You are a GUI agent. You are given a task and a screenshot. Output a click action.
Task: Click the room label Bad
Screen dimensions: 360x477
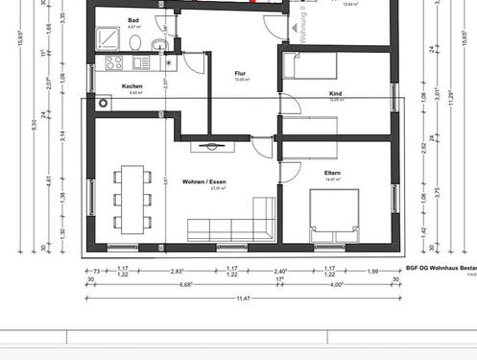tap(134, 20)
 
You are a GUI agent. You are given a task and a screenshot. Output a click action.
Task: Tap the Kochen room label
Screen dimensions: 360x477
tap(131, 87)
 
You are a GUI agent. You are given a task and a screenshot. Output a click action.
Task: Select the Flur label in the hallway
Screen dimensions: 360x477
tap(242, 73)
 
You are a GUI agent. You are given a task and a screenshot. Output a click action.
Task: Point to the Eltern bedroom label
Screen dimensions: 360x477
tap(333, 172)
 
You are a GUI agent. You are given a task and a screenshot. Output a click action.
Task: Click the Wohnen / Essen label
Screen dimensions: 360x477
tap(203, 181)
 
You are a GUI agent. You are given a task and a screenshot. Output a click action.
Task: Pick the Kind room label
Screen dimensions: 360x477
tap(336, 94)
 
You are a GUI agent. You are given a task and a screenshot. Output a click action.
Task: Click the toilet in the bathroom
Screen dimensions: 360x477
tap(138, 43)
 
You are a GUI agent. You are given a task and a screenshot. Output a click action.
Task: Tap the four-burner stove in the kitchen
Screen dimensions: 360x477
tap(114, 63)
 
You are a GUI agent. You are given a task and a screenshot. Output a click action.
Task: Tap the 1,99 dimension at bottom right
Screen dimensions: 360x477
tap(371, 271)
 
